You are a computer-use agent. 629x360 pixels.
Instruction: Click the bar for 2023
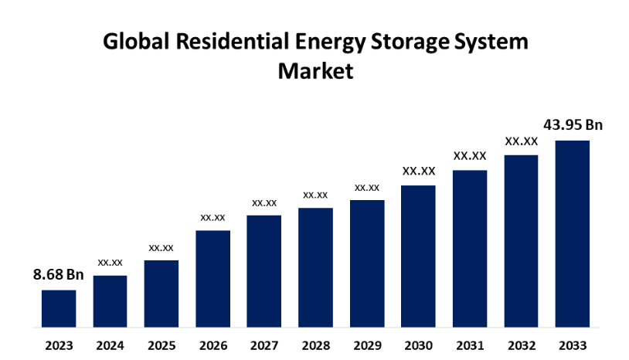59,307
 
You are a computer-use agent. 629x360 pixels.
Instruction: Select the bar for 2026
212,278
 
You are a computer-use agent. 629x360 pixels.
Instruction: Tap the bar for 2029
367,263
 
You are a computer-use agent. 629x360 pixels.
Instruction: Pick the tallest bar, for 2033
573,233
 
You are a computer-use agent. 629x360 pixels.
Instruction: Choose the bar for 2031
470,248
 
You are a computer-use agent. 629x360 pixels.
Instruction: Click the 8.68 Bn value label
58,274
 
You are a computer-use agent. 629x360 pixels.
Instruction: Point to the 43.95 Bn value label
573,124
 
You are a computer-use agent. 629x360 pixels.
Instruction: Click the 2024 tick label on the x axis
110,345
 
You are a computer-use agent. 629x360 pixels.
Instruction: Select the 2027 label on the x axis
264,345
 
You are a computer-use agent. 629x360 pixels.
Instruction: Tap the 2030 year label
418,345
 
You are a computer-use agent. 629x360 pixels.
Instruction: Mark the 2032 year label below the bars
522,345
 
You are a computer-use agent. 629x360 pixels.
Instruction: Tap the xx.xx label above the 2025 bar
161,247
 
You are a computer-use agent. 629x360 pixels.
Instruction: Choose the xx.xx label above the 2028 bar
315,195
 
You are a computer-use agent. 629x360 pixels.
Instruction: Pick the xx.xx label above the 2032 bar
522,141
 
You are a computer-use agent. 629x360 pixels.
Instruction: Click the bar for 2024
110,301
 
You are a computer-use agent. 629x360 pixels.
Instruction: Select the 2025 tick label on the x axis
161,345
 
